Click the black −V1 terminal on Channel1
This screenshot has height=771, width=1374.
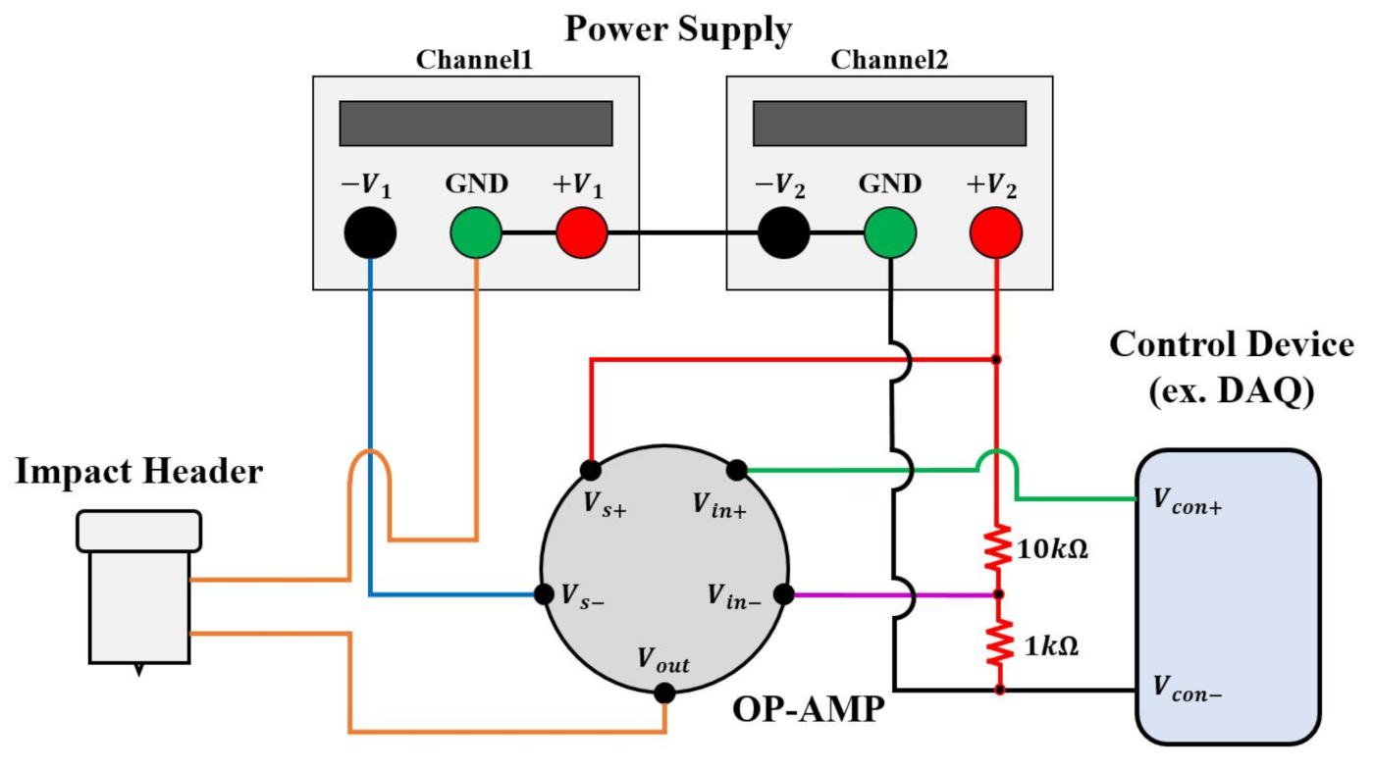coord(370,233)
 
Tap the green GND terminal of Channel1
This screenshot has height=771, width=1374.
coord(476,233)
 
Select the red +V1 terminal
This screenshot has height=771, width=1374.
coord(582,233)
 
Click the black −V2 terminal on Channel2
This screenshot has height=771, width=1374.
coord(783,233)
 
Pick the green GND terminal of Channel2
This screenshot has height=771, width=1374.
coord(889,233)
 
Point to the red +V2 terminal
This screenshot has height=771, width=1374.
coord(995,233)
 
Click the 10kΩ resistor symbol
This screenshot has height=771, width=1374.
coord(997,551)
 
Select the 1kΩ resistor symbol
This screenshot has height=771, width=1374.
coord(997,642)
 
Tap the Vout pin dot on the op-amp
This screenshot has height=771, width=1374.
coord(664,694)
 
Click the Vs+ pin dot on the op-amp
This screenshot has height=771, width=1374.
coord(591,470)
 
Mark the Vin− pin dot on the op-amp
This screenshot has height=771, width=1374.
coord(783,594)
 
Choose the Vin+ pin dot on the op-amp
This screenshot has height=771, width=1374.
coord(737,470)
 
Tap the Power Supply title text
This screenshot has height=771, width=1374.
coord(677,28)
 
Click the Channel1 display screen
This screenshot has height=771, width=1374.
coord(476,124)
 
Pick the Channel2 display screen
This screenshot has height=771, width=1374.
coord(889,124)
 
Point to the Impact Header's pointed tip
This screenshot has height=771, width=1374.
coord(138,671)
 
